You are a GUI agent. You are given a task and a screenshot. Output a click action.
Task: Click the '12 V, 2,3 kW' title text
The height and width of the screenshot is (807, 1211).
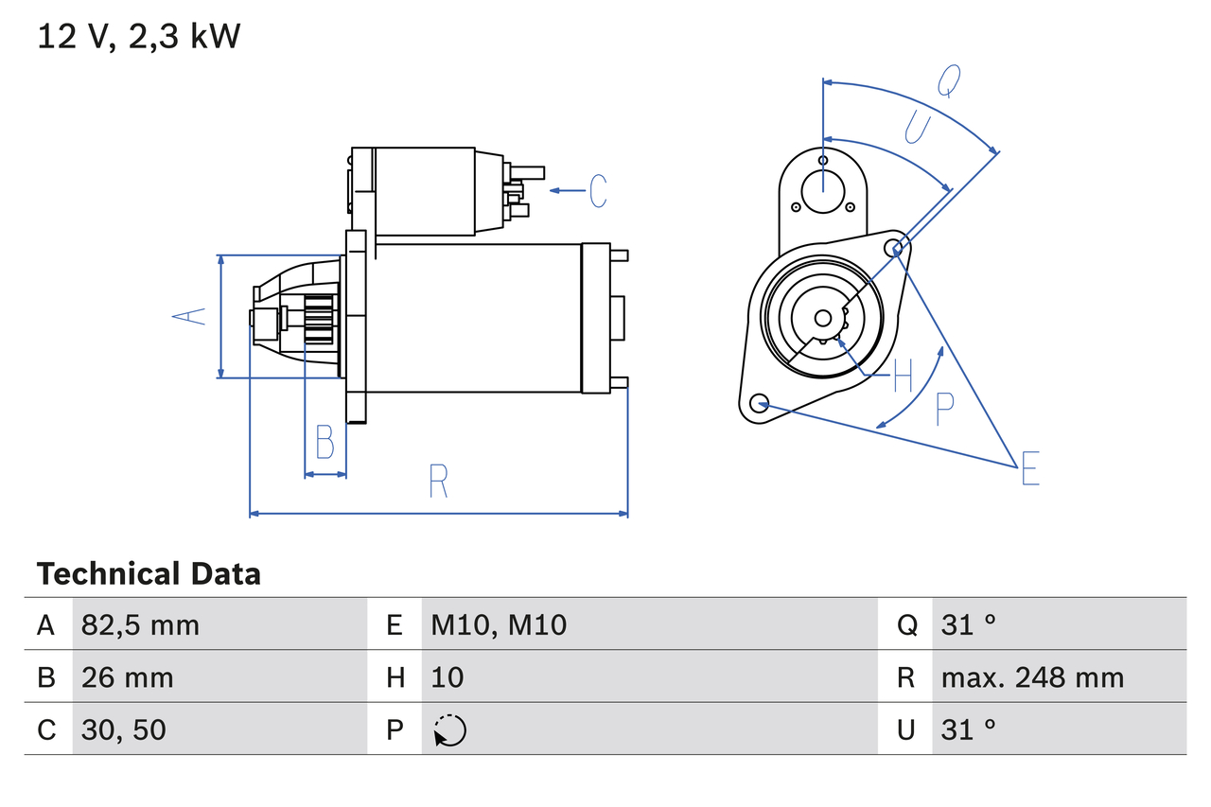pyautogui.click(x=139, y=37)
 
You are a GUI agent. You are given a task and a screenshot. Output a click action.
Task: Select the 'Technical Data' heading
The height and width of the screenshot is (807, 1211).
pyautogui.click(x=149, y=573)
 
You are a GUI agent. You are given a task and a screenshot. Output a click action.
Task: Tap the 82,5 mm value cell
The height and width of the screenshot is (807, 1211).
pyautogui.click(x=140, y=624)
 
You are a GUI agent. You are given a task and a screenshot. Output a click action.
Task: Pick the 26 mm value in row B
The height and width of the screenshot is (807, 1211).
pyautogui.click(x=127, y=677)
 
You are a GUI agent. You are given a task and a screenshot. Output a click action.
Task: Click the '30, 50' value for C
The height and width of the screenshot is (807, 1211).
pyautogui.click(x=123, y=729)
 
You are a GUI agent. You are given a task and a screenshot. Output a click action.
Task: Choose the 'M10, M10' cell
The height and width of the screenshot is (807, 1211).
pyautogui.click(x=499, y=624)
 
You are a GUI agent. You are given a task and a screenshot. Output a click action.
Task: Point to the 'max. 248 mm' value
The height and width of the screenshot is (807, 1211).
pyautogui.click(x=1032, y=677)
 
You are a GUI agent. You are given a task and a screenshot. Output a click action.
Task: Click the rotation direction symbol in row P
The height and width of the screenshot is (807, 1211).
pyautogui.click(x=449, y=730)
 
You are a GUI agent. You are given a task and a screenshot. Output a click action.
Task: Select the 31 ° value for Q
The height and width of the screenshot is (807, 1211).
pyautogui.click(x=969, y=624)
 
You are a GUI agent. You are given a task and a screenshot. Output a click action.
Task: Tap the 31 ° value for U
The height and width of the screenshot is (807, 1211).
pyautogui.click(x=969, y=729)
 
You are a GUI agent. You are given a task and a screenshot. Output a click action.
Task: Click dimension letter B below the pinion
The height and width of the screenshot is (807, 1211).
pyautogui.click(x=325, y=442)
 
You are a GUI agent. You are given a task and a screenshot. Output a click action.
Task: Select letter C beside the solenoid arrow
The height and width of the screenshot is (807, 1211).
pyautogui.click(x=597, y=191)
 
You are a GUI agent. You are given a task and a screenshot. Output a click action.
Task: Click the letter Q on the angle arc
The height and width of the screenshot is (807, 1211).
pyautogui.click(x=949, y=81)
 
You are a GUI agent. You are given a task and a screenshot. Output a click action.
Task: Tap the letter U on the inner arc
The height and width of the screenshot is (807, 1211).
pyautogui.click(x=917, y=127)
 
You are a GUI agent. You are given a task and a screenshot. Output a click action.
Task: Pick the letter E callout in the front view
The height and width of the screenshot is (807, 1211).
pyautogui.click(x=1029, y=469)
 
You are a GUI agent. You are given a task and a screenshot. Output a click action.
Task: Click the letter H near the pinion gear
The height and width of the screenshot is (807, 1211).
pyautogui.click(x=903, y=376)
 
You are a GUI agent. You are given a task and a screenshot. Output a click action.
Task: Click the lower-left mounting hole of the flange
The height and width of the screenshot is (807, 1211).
pyautogui.click(x=758, y=404)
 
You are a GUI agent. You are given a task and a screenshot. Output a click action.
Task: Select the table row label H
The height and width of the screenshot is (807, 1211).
pyautogui.click(x=395, y=677)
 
